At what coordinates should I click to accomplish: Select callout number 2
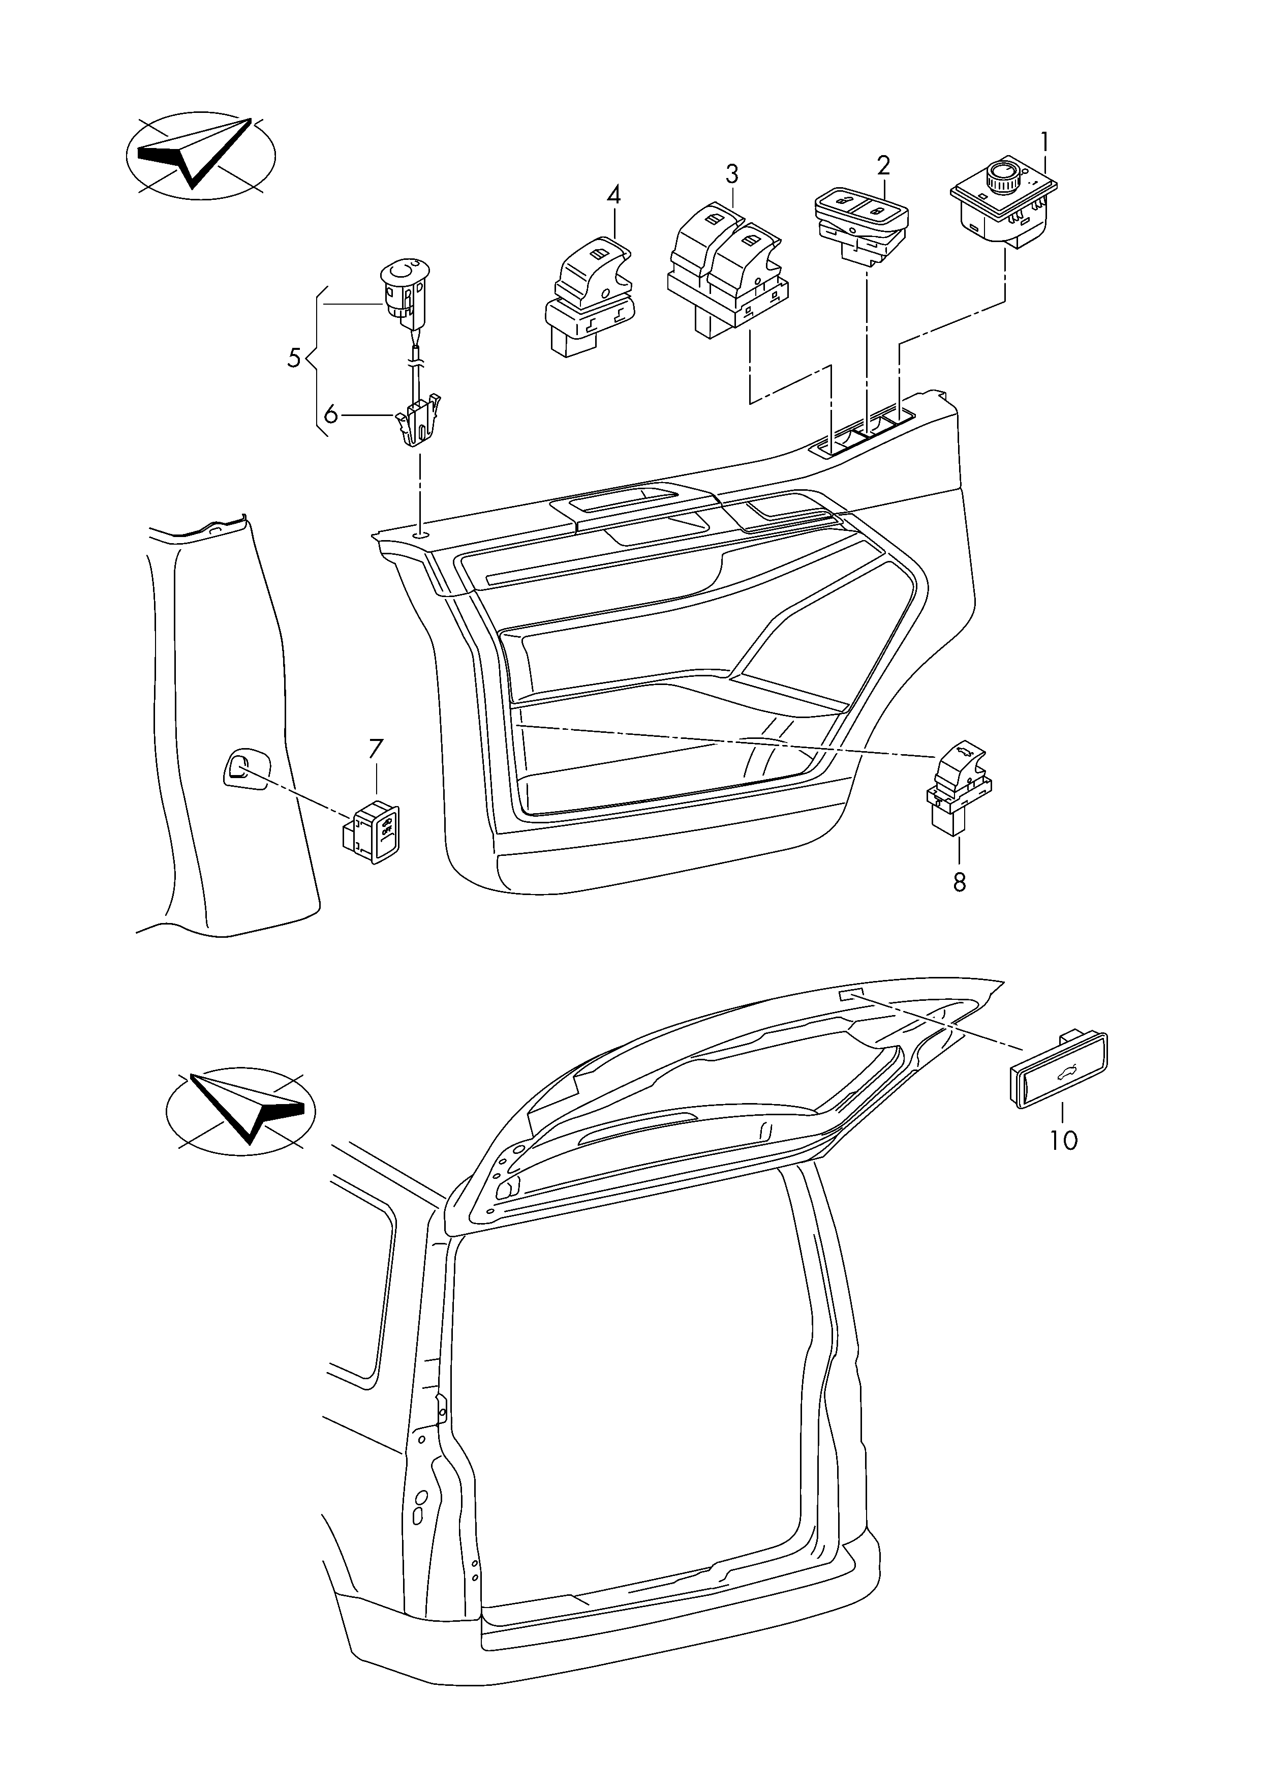(x=883, y=166)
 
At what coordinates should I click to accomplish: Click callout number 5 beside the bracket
(x=294, y=359)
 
